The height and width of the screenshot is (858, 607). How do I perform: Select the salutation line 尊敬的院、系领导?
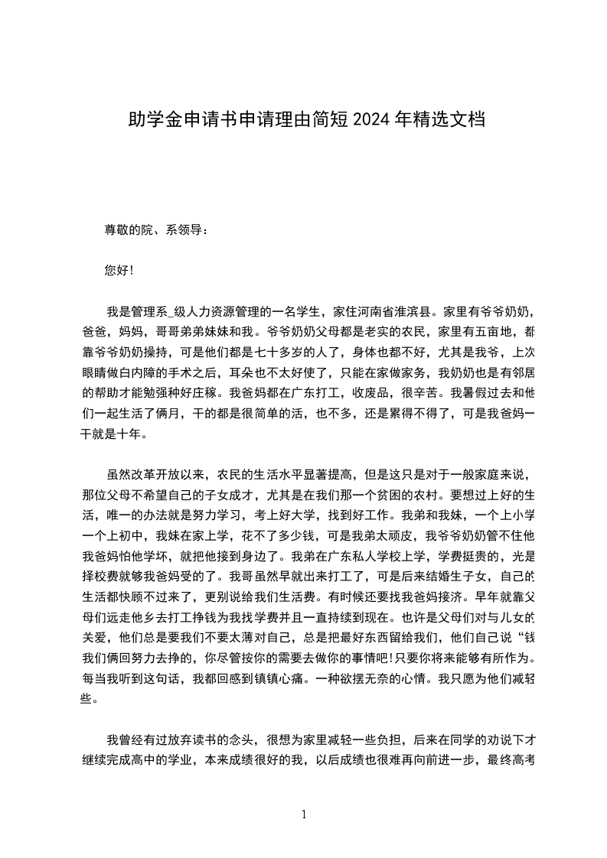(x=155, y=229)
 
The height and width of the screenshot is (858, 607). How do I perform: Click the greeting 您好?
(x=119, y=270)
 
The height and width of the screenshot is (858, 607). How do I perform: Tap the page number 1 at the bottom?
(x=304, y=814)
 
